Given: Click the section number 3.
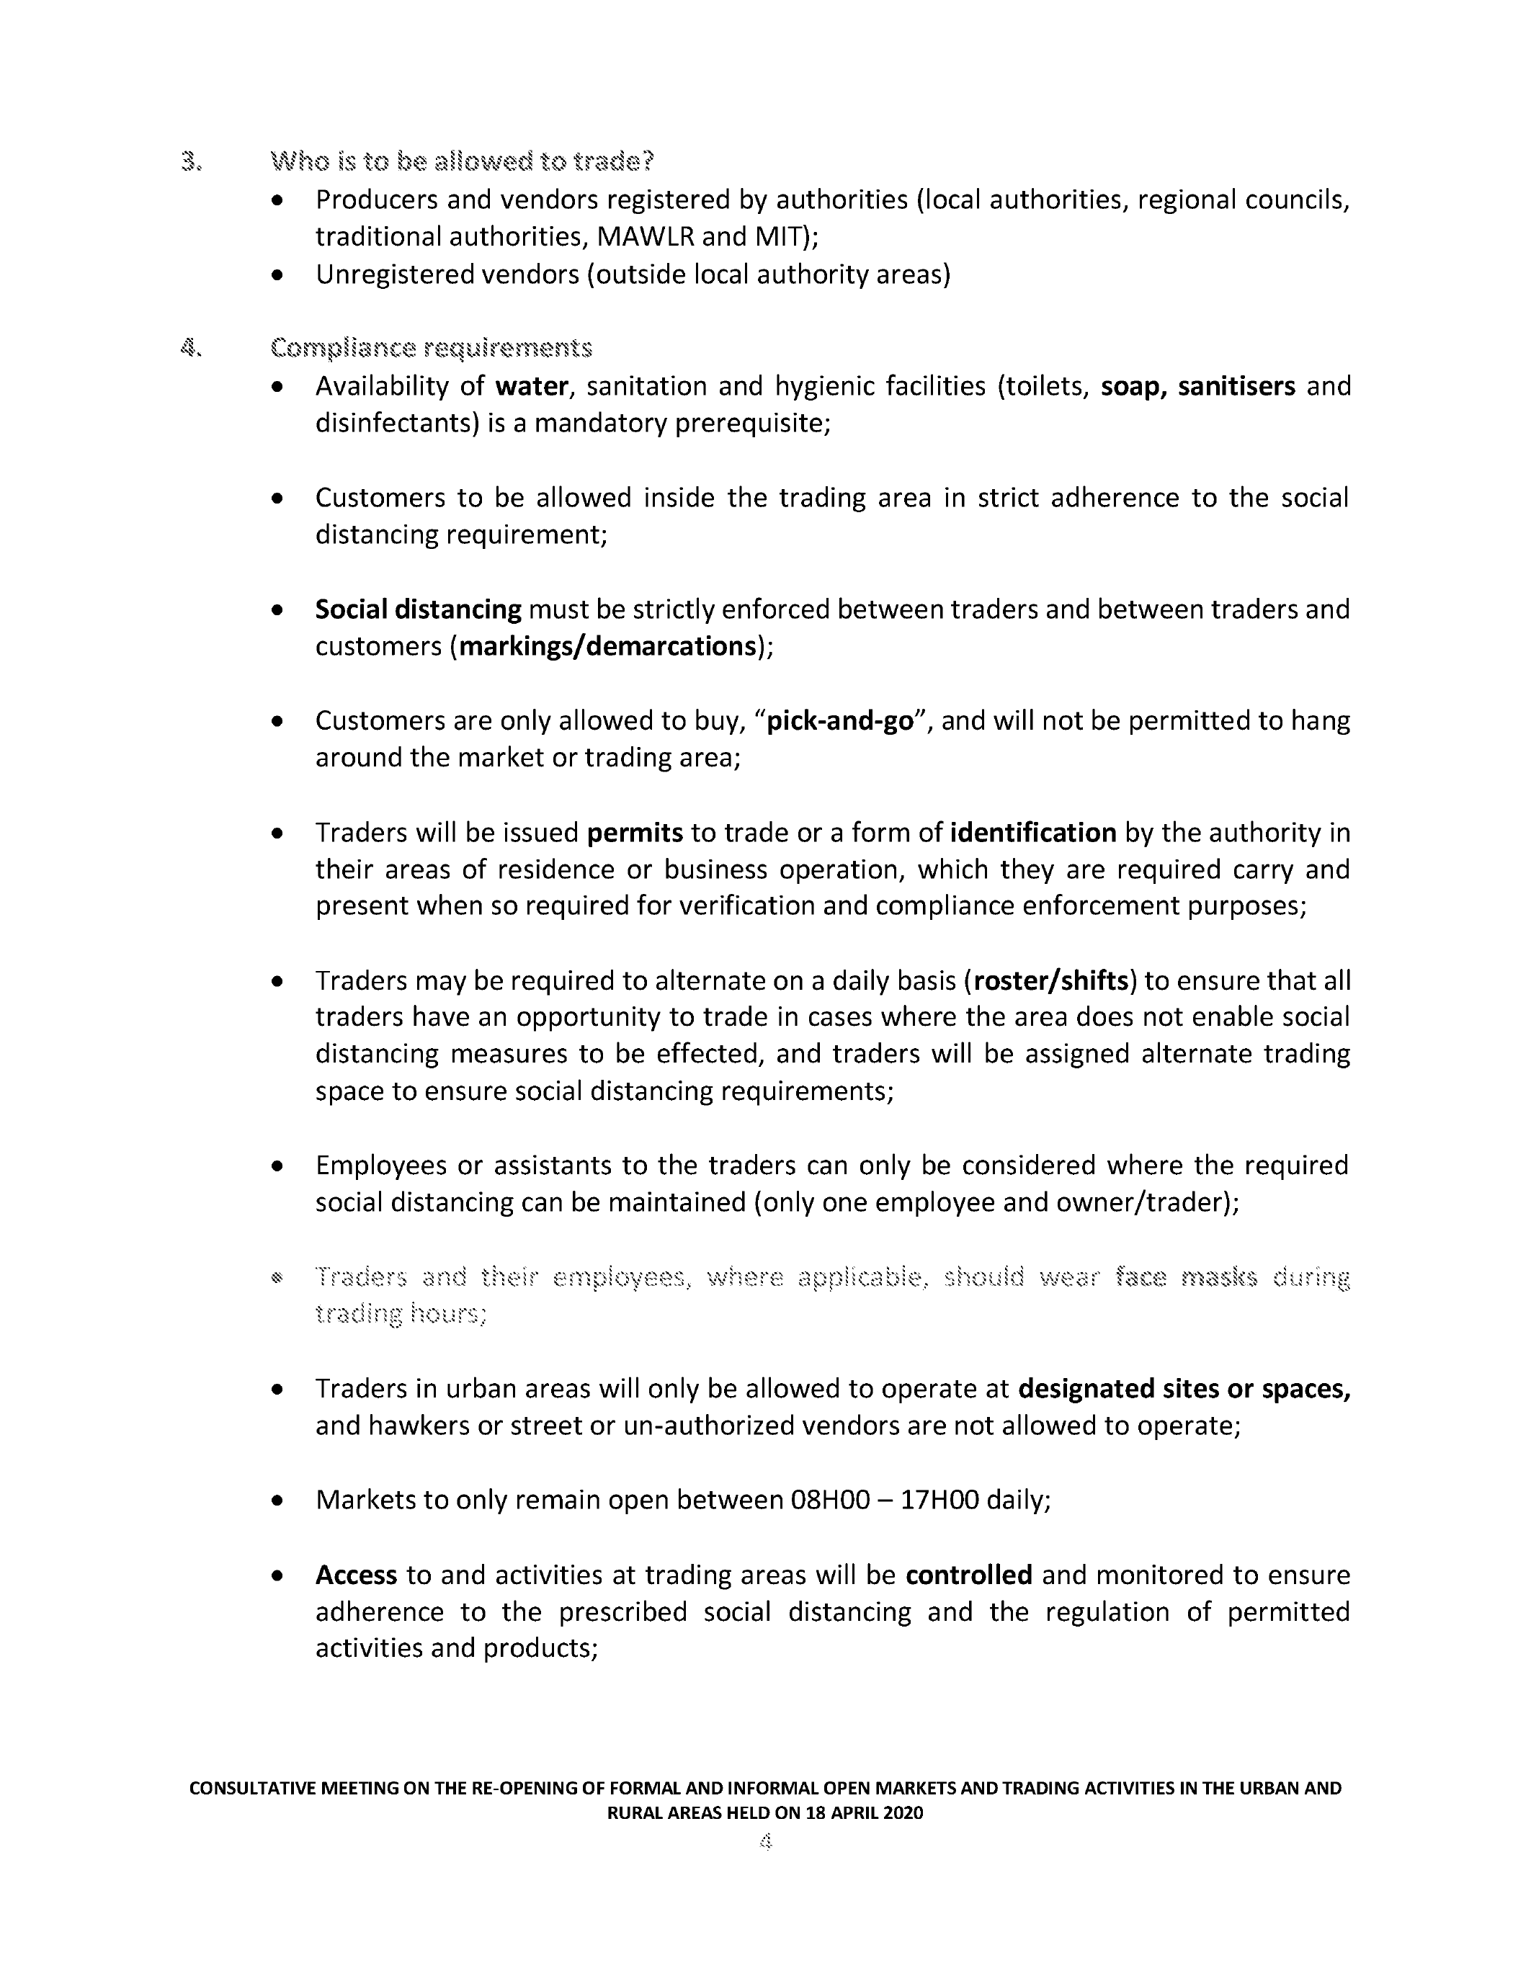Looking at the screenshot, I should (190, 162).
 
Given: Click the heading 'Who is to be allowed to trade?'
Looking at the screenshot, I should (462, 162).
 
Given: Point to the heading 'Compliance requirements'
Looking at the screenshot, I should (431, 349).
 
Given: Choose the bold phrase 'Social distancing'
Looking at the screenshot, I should (418, 609).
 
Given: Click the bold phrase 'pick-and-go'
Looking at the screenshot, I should (840, 721).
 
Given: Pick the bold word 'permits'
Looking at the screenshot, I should (635, 833).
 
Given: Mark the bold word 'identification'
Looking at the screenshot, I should (1033, 833).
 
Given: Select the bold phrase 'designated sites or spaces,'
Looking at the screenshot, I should (1184, 1389).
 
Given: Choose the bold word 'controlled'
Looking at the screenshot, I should (968, 1575).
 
